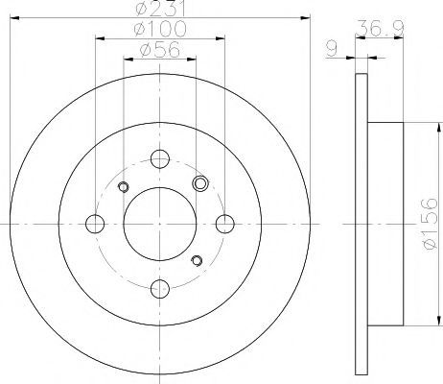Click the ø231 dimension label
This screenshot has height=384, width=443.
[x=160, y=9]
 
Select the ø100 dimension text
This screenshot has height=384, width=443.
[x=160, y=29]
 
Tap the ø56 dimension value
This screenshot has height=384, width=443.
[x=160, y=50]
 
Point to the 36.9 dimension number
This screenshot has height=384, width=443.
[x=381, y=28]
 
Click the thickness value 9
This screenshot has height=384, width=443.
[x=332, y=49]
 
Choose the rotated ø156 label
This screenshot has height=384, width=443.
[x=429, y=224]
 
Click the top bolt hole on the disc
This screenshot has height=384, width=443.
[x=160, y=159]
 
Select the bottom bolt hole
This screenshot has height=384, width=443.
[x=160, y=289]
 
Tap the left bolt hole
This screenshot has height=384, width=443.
[x=95, y=224]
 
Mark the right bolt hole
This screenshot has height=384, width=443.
[x=225, y=224]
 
